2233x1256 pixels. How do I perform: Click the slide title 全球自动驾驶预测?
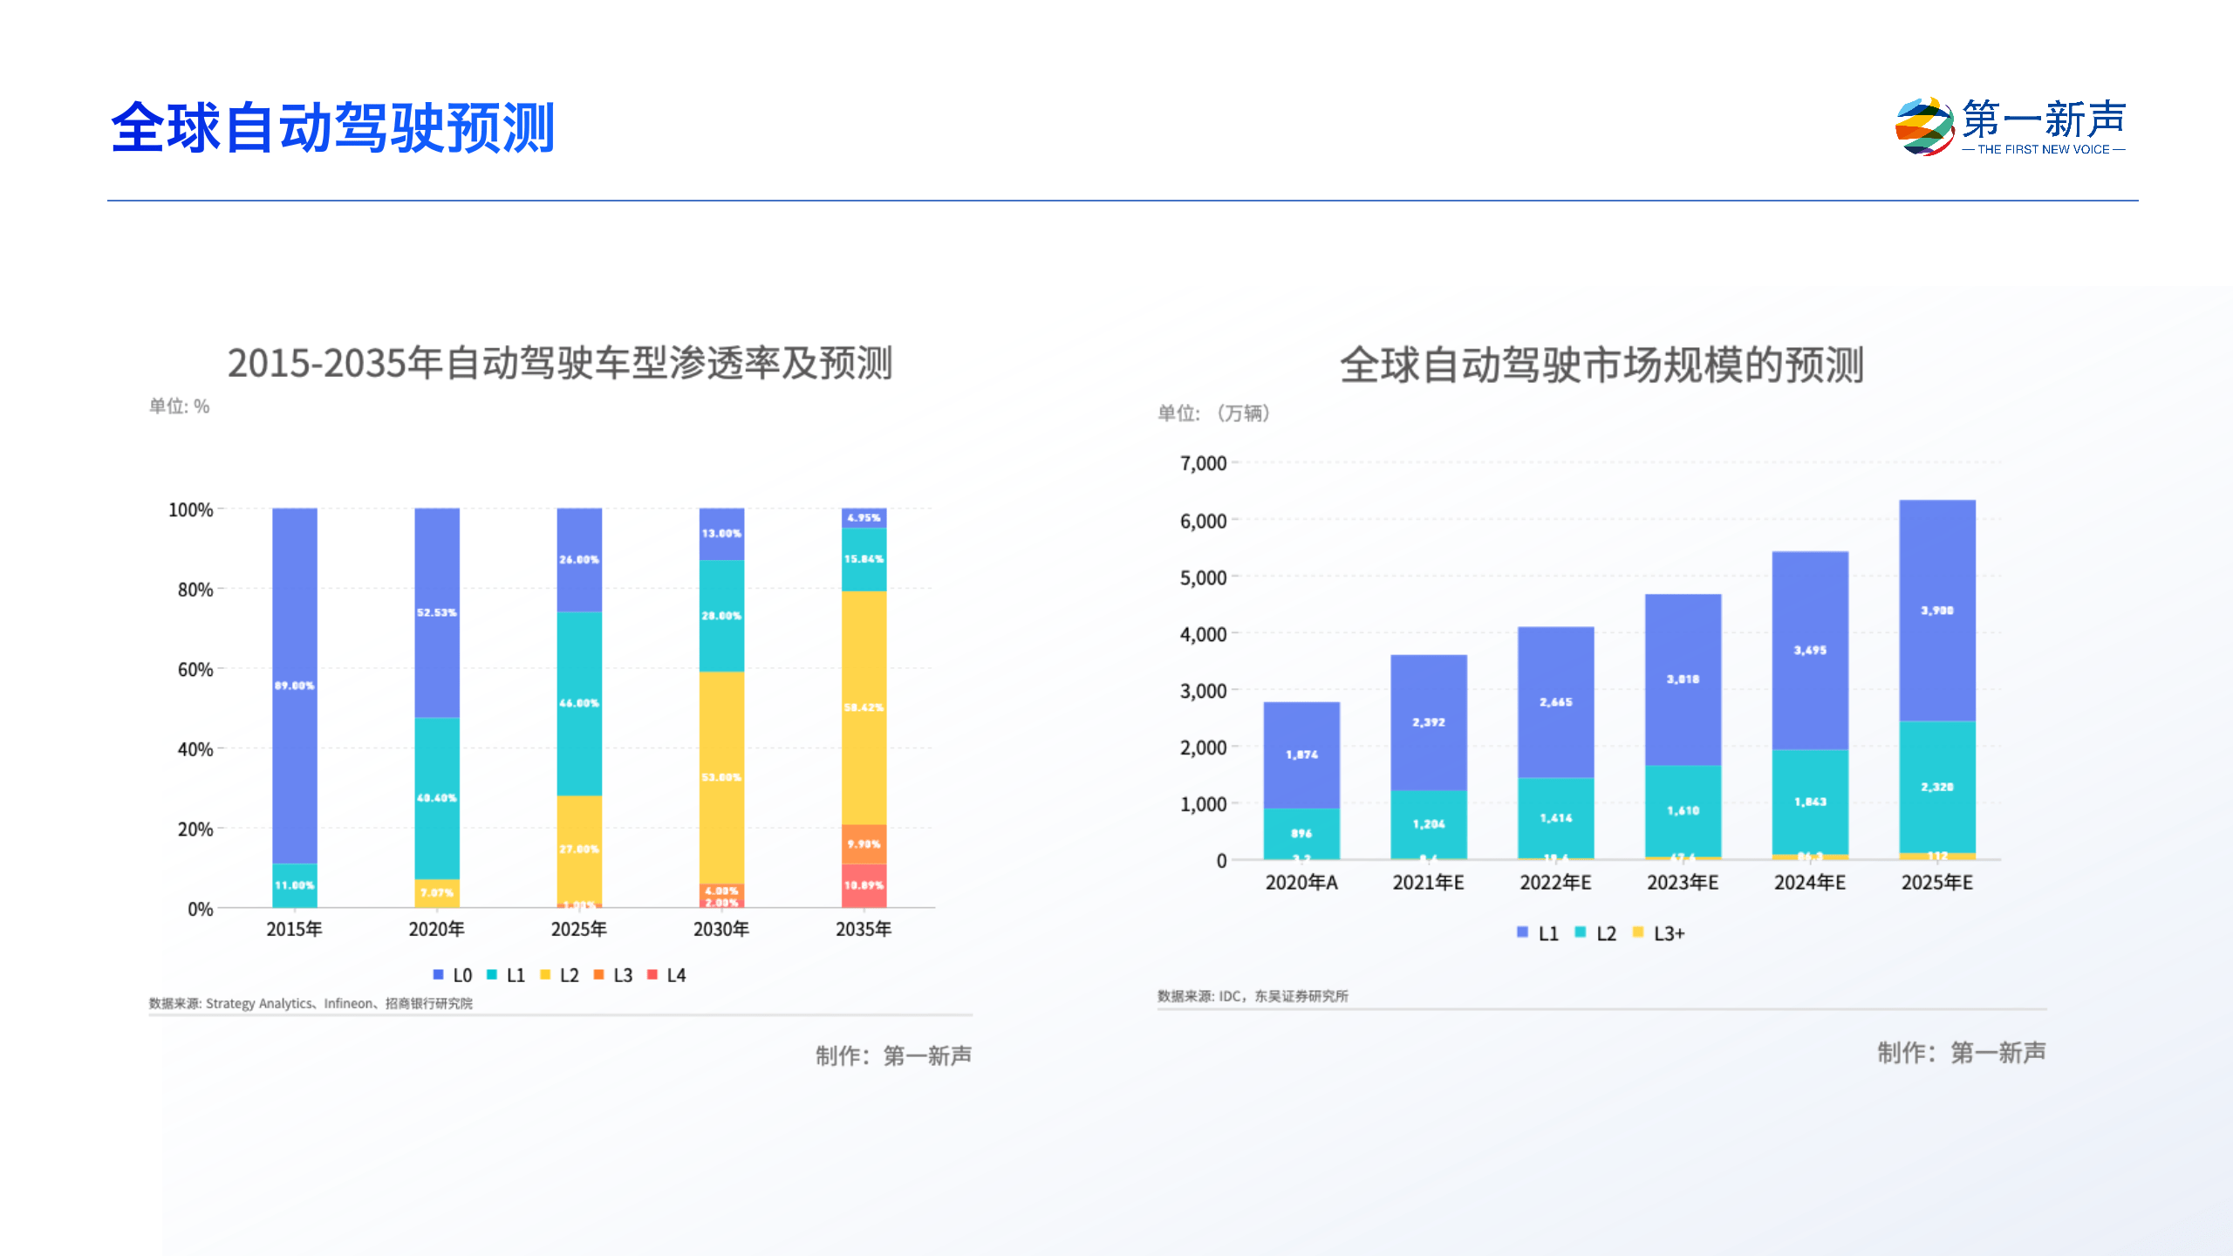click(332, 128)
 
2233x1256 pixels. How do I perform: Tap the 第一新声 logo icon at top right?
click(1923, 126)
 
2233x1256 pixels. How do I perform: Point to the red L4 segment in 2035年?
click(864, 885)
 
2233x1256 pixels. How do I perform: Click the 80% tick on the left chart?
click(195, 590)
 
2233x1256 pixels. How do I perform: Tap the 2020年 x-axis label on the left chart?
click(436, 929)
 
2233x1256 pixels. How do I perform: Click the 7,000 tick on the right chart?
click(1203, 463)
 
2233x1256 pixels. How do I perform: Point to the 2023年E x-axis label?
click(1683, 883)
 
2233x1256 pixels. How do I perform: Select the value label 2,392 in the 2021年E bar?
click(1429, 722)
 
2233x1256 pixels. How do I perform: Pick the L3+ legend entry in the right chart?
click(1659, 933)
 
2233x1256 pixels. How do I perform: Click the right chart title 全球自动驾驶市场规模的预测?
click(1601, 365)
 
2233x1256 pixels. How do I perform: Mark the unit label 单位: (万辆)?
click(1213, 413)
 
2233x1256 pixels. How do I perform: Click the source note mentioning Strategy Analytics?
click(311, 1003)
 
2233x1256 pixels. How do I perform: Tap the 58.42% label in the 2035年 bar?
click(864, 707)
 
